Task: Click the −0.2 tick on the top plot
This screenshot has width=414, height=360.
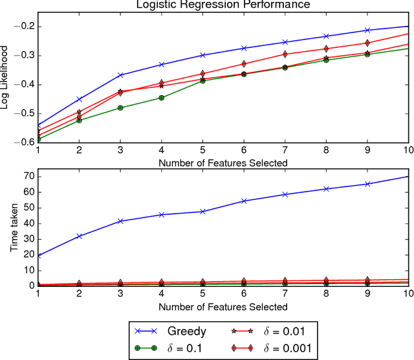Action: pyautogui.click(x=24, y=27)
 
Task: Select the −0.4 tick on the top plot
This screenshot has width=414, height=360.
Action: pyautogui.click(x=24, y=85)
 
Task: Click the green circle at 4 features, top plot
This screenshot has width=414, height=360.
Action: pyautogui.click(x=162, y=98)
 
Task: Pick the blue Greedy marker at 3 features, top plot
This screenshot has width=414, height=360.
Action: pyautogui.click(x=120, y=75)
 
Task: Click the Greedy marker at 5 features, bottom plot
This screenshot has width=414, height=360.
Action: pyautogui.click(x=202, y=212)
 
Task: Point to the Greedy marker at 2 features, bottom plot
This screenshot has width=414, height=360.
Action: pyautogui.click(x=79, y=236)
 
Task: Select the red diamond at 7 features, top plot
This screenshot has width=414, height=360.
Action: pyautogui.click(x=285, y=54)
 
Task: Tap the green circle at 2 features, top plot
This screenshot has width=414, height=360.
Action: pyautogui.click(x=79, y=120)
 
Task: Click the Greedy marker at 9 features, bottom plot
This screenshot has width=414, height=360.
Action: pyautogui.click(x=367, y=184)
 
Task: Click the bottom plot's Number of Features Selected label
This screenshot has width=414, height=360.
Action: pyautogui.click(x=223, y=306)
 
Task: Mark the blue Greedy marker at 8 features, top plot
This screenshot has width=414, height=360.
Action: pyautogui.click(x=326, y=36)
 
